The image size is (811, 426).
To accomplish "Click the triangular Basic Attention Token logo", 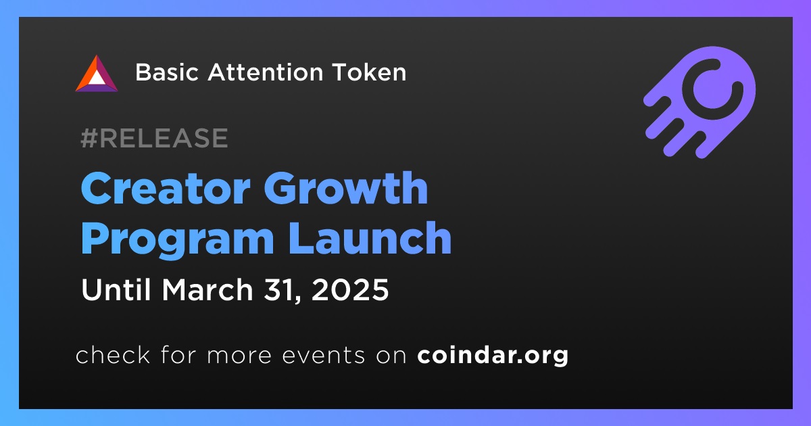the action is coord(96,74).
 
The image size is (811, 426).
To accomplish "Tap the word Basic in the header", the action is coord(167,72).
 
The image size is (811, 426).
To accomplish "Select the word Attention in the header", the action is coord(266,72).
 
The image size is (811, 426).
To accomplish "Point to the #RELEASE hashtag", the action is coord(154,138).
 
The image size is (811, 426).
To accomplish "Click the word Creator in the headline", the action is coord(166,188).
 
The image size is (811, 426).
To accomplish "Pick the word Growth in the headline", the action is coord(346,188).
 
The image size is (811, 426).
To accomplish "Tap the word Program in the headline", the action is coord(177,240).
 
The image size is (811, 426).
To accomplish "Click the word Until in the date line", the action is coord(116,289).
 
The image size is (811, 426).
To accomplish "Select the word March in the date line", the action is coord(207,289).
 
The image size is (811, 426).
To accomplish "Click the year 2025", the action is coord(350,289).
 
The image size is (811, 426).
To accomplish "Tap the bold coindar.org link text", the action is coord(493,356).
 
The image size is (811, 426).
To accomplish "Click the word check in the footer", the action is coord(113,354).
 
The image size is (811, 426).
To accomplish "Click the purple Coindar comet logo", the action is coord(699,102).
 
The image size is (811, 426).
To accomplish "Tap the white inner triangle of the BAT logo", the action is coord(96,77).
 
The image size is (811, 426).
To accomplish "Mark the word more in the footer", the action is coord(239,356).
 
